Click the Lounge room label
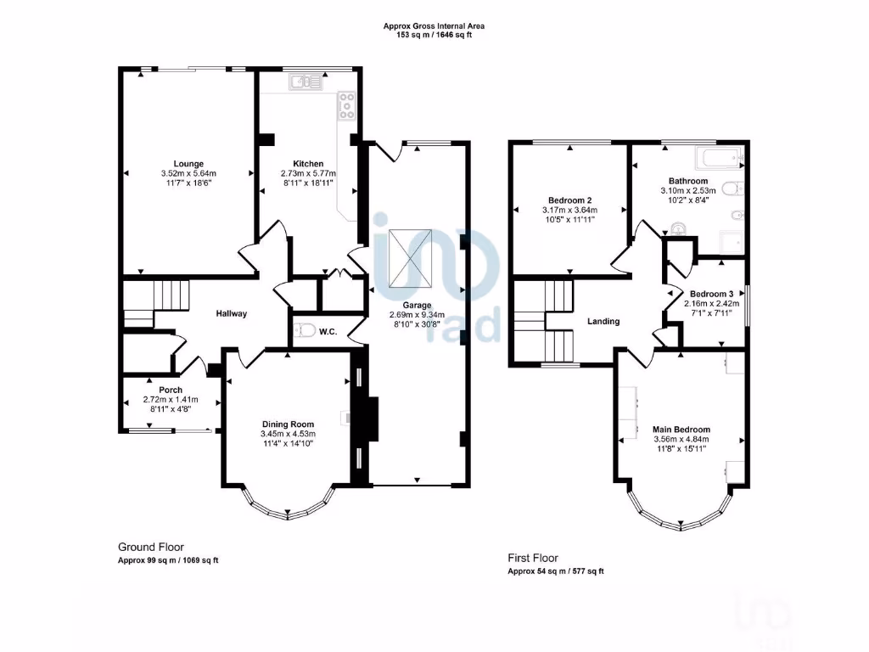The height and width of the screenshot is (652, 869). pos(188,164)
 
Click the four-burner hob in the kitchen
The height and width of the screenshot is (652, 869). pos(347,106)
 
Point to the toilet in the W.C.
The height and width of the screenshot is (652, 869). pos(306,330)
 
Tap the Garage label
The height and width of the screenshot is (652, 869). pos(417,305)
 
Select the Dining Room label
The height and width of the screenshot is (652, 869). pos(288,424)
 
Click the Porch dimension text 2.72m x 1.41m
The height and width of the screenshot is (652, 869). pos(171,400)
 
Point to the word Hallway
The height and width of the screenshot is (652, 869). pos(231,313)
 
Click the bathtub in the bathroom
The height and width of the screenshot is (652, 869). pos(718,158)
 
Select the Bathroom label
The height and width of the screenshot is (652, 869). pos(687,181)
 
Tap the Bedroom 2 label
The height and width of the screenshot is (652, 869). pos(569,200)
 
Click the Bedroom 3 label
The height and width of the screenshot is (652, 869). pos(711,294)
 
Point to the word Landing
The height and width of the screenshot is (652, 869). pos(603,321)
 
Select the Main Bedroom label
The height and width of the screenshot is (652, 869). pos(681,429)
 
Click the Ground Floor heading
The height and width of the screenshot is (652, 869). pos(150,548)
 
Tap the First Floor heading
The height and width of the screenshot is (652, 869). pos(533,558)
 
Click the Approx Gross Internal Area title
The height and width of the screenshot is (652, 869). pos(434,26)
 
